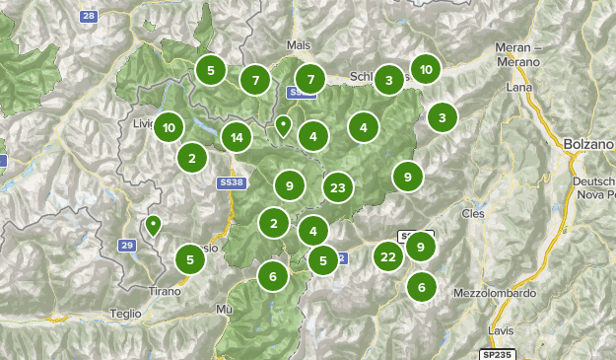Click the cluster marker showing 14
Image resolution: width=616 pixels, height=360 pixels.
click(238, 138)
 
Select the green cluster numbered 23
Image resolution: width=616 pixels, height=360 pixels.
click(338, 186)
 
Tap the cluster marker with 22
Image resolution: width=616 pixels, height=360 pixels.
click(388, 257)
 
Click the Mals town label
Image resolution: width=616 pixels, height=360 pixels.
click(298, 46)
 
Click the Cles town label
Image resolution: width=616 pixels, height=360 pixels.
click(474, 212)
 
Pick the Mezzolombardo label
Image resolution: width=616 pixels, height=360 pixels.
click(492, 293)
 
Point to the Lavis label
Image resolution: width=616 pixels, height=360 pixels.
click(501, 330)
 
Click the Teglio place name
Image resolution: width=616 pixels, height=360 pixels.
click(125, 313)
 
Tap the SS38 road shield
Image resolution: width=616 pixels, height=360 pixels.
click(229, 183)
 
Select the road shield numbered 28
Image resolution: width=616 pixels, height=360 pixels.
click(89, 17)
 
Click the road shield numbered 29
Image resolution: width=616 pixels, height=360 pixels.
click(126, 245)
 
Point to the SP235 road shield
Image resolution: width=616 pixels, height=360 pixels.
click(497, 353)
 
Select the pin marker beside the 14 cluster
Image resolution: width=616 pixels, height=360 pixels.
click(283, 125)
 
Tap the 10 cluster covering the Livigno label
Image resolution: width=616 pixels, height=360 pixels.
click(170, 127)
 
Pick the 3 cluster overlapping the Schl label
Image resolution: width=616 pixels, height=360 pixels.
click(389, 80)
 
